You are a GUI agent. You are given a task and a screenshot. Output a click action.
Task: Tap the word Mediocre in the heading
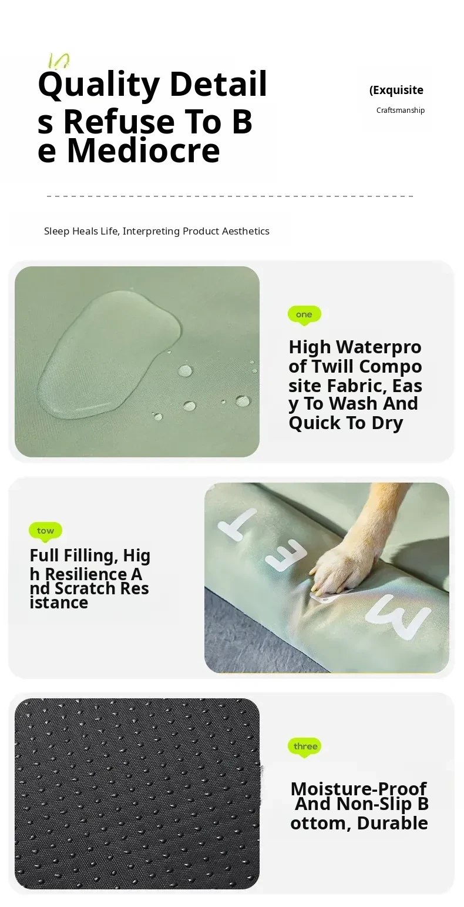[144, 150]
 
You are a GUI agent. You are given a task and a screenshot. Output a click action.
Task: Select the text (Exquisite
[396, 90]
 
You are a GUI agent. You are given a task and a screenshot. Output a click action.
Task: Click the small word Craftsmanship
[401, 110]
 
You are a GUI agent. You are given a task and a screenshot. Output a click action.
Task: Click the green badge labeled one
[304, 315]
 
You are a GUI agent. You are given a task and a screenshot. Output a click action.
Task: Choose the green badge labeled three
[305, 747]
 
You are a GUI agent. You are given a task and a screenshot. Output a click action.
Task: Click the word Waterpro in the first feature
[379, 347]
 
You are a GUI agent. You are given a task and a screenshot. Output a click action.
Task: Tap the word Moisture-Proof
[358, 789]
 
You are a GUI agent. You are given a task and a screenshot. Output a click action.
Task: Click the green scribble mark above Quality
[59, 61]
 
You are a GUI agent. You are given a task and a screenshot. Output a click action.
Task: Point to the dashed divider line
[230, 196]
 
